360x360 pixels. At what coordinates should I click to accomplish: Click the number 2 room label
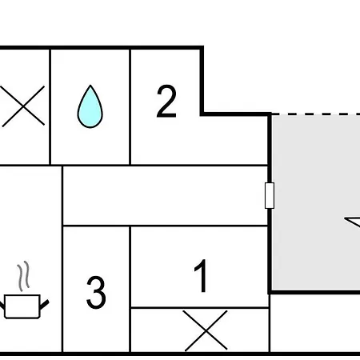coord(166,102)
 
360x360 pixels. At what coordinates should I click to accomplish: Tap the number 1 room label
coord(202,276)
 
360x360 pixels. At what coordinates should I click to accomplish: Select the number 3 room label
coord(96,293)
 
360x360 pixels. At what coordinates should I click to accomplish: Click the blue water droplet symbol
coord(90,106)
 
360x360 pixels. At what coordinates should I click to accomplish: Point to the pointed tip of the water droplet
coord(90,85)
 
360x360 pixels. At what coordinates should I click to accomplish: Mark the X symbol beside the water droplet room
coord(23,106)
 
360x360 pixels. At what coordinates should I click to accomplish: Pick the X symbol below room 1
coord(206,330)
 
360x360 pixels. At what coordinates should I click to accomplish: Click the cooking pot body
coord(22,306)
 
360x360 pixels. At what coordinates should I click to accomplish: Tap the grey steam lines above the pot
coord(23,276)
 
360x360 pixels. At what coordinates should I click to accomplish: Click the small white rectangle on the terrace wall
coord(270,195)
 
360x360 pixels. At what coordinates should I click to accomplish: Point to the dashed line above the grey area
coord(316,114)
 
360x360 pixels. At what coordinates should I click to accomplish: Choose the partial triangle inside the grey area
coord(353,222)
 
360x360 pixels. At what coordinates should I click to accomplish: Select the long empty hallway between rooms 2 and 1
coord(166,196)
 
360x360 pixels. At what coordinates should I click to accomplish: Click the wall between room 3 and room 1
coord(130,290)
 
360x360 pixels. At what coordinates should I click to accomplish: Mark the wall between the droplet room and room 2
coord(130,106)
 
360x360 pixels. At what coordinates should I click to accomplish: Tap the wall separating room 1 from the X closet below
coord(200,308)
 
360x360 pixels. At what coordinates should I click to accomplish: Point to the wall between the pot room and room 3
coord(62,259)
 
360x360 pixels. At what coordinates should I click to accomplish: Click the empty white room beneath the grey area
coord(315,323)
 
